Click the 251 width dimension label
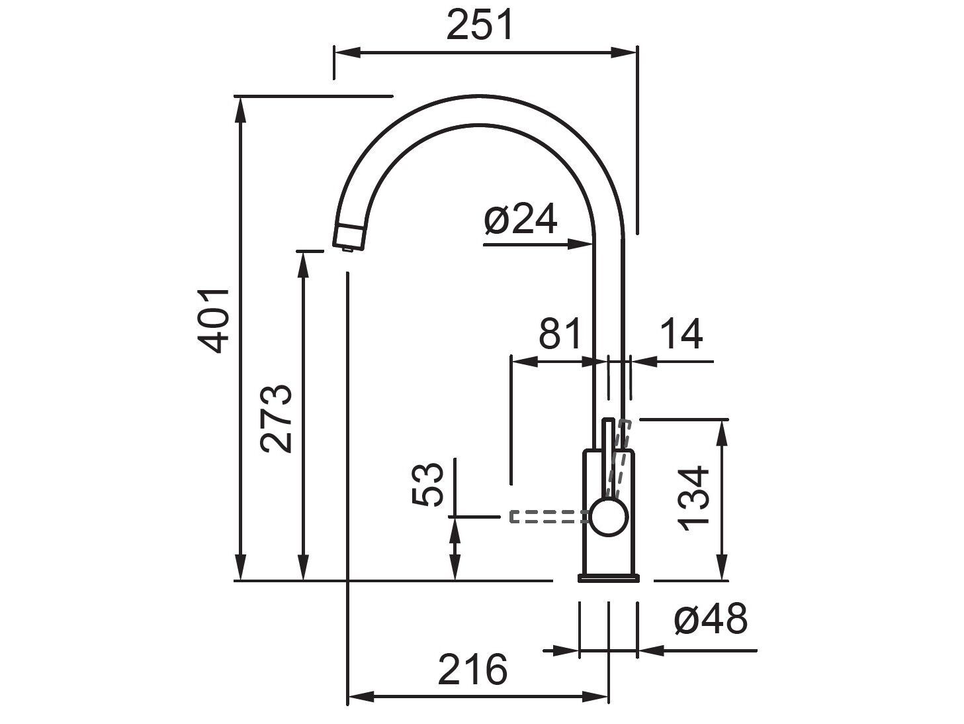(x=480, y=26)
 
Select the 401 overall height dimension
(x=214, y=321)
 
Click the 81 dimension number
(x=559, y=334)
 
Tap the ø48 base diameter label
(x=711, y=620)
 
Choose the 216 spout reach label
(x=472, y=670)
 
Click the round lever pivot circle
(x=607, y=517)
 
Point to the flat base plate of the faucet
(x=609, y=578)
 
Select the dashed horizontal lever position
(x=546, y=517)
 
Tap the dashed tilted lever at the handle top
(x=621, y=457)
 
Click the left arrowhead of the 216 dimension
(x=361, y=697)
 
